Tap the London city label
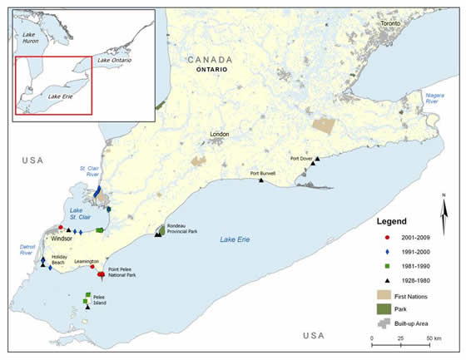coord(220,134)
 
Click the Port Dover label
coord(302,158)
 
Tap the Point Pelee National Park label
coord(126,272)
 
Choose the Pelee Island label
coord(102,301)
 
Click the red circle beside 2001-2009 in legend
coord(369,238)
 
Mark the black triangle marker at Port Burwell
coord(260,181)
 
